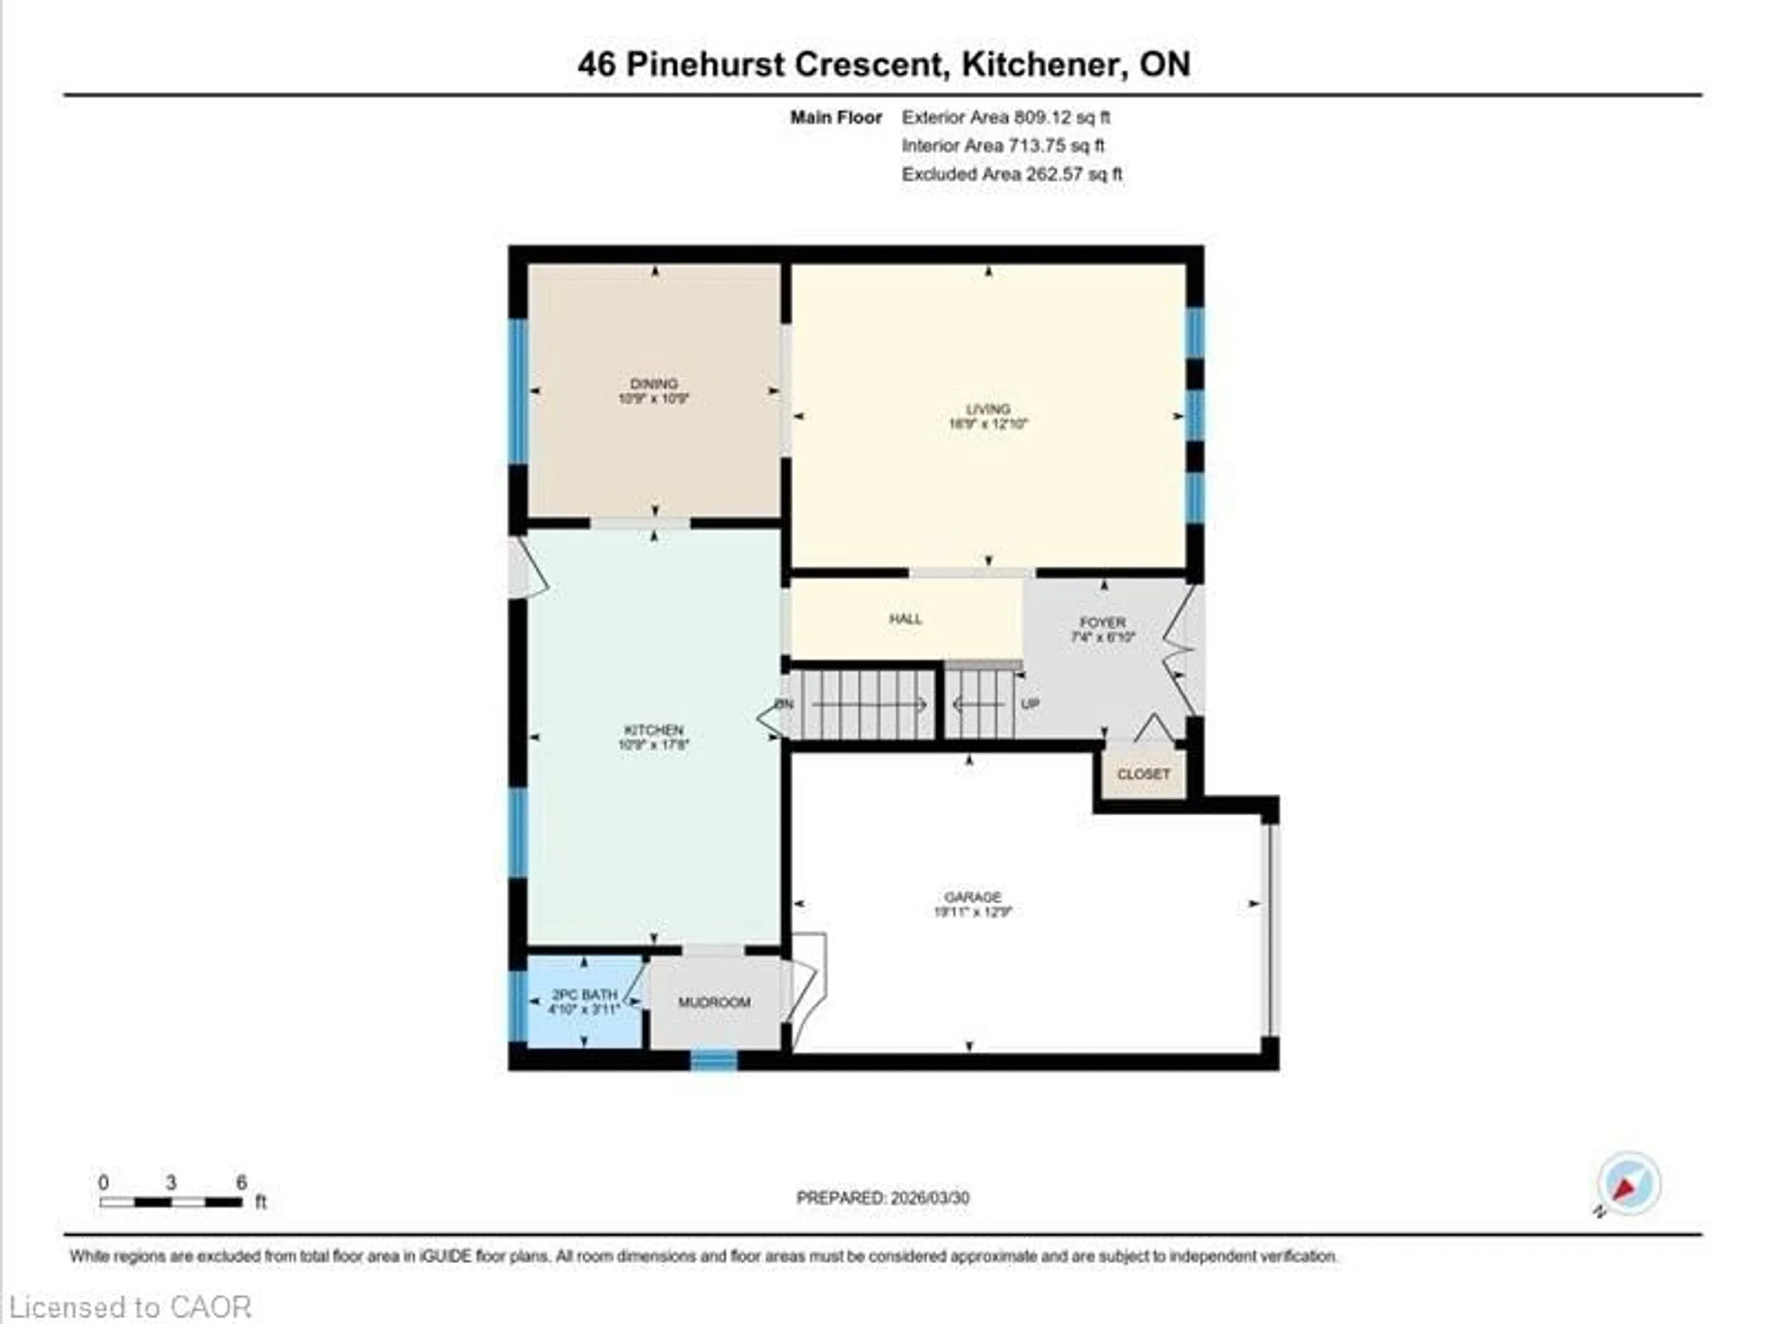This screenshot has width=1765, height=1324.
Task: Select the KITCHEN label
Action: [x=654, y=730]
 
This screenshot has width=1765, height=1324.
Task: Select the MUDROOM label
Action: [x=714, y=1002]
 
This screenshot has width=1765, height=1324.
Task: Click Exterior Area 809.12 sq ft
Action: [x=1005, y=117]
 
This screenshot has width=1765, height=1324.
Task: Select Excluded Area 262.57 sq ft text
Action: [x=1012, y=174]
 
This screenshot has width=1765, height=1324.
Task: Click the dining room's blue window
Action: [x=518, y=391]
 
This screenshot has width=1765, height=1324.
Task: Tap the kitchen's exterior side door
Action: [x=527, y=567]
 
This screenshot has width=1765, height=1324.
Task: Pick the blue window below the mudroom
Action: [x=713, y=1061]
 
